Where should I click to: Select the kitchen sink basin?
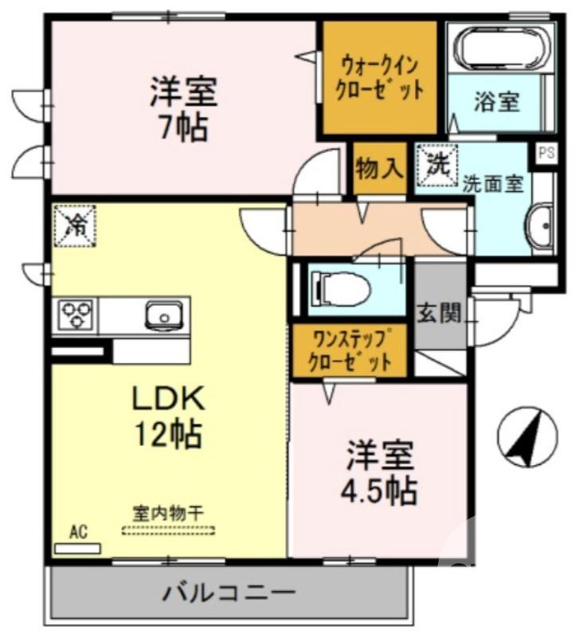point(162,316)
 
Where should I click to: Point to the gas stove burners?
point(75,313)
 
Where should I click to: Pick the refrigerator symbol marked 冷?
point(76,225)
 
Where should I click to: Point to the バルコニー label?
point(230,592)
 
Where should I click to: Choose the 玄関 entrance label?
point(440,314)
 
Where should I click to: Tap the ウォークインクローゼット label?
point(379,77)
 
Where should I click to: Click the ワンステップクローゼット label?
point(351,351)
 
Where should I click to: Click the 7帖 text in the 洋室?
point(183,127)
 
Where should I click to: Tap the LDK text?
point(169,396)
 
